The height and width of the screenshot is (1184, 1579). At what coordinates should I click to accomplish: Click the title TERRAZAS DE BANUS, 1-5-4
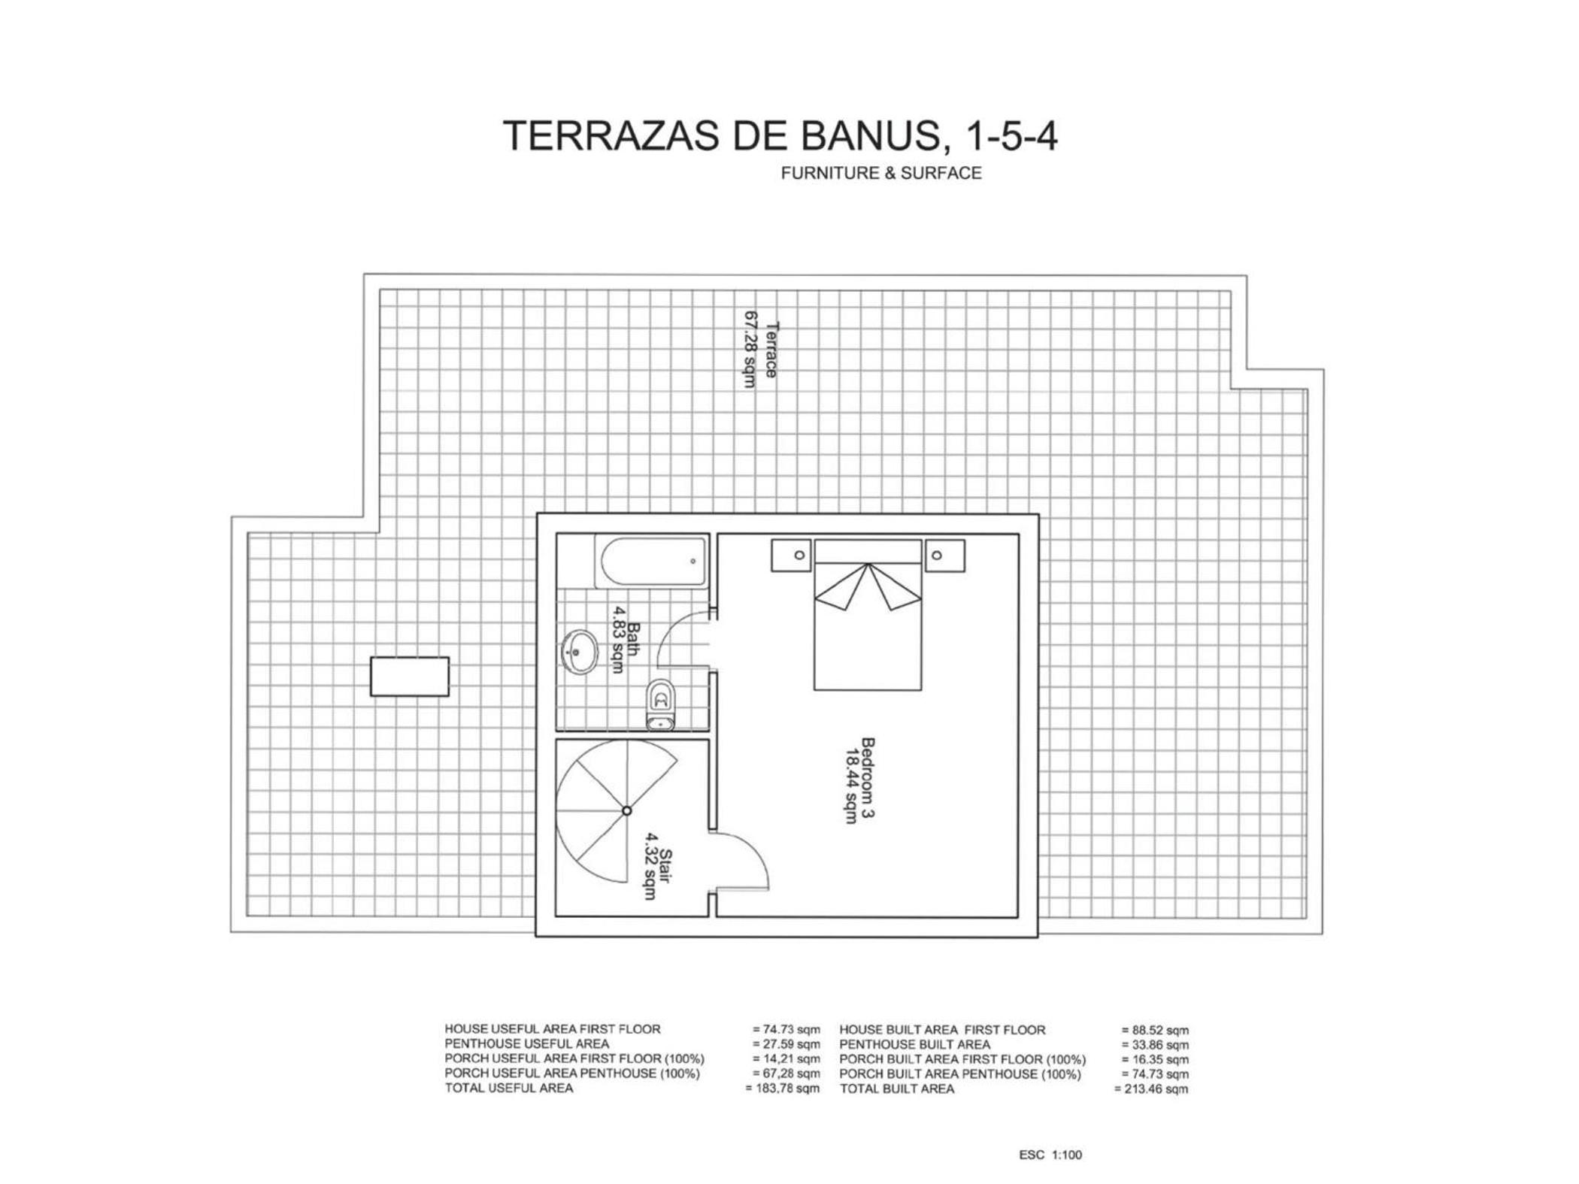(x=780, y=136)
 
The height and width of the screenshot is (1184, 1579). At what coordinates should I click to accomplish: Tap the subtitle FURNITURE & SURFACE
(x=881, y=174)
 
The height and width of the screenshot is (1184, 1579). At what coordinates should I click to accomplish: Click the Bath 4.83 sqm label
(x=626, y=640)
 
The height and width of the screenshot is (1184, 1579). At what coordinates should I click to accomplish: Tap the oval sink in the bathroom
(x=579, y=652)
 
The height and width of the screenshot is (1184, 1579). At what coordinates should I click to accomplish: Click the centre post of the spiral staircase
(x=626, y=810)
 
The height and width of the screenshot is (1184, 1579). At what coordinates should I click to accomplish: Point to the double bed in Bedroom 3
(x=868, y=615)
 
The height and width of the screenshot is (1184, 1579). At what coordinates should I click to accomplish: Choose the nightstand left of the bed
(x=791, y=556)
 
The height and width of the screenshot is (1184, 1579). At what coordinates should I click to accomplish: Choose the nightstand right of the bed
(x=944, y=556)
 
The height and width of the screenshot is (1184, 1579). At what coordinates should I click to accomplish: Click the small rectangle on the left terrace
(x=410, y=677)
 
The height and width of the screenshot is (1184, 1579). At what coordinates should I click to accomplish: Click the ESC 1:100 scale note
(x=1050, y=1155)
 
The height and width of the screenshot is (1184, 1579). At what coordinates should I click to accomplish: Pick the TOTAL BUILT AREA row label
(x=897, y=1089)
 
